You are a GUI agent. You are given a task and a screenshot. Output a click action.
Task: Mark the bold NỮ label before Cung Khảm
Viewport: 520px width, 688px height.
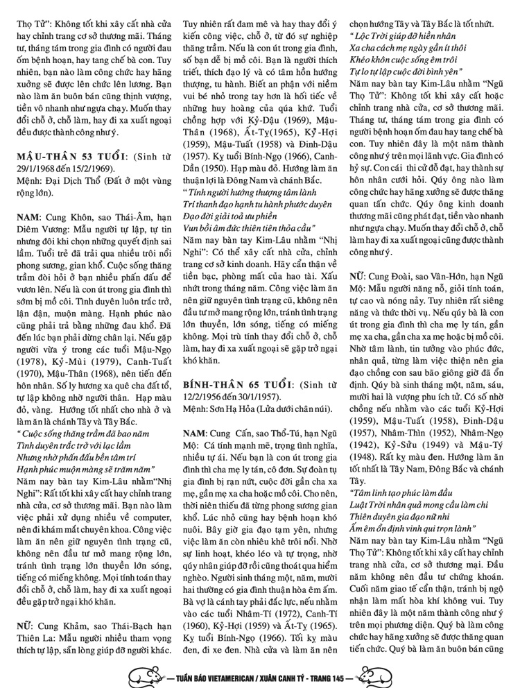click(x=25, y=625)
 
